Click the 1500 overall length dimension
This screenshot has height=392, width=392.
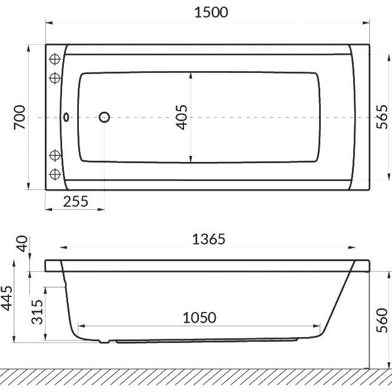click(x=212, y=13)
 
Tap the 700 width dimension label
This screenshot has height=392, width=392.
click(x=20, y=117)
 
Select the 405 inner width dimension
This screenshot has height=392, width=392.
click(x=182, y=117)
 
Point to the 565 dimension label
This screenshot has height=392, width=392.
click(x=382, y=117)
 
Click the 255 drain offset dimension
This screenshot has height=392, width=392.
click(x=75, y=201)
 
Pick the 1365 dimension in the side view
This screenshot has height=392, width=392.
click(x=209, y=239)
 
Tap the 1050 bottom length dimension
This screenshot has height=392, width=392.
click(x=200, y=318)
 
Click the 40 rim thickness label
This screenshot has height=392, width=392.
click(x=22, y=243)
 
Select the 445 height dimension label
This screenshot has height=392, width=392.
click(x=7, y=298)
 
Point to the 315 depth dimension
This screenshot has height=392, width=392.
click(x=37, y=312)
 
